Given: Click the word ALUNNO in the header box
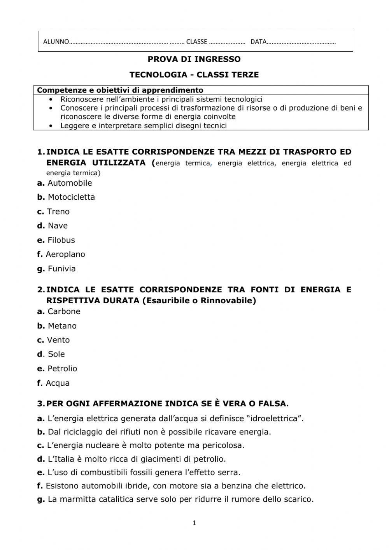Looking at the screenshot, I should point(56,42).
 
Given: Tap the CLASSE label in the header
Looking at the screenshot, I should point(196,42).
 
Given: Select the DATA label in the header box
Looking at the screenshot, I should point(258,42).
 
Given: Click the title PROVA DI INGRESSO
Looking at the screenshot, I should point(194,59).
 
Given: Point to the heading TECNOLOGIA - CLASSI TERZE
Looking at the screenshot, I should point(194,74).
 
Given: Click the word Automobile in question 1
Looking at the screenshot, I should point(70,183).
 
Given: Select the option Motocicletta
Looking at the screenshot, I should point(71,197).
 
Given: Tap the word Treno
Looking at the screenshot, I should point(58,211).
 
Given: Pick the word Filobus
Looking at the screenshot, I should point(61,240).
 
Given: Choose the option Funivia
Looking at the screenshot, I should point(61,269).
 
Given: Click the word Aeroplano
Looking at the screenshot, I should point(65,254).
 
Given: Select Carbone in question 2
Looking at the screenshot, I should point(64,311).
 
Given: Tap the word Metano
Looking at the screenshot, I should point(62,326).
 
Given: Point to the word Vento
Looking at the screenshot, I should point(58,340).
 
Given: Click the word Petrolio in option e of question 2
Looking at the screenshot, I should point(62,369).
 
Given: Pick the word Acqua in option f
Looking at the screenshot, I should point(58,383).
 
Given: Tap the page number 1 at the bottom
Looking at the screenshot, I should point(194,523).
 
